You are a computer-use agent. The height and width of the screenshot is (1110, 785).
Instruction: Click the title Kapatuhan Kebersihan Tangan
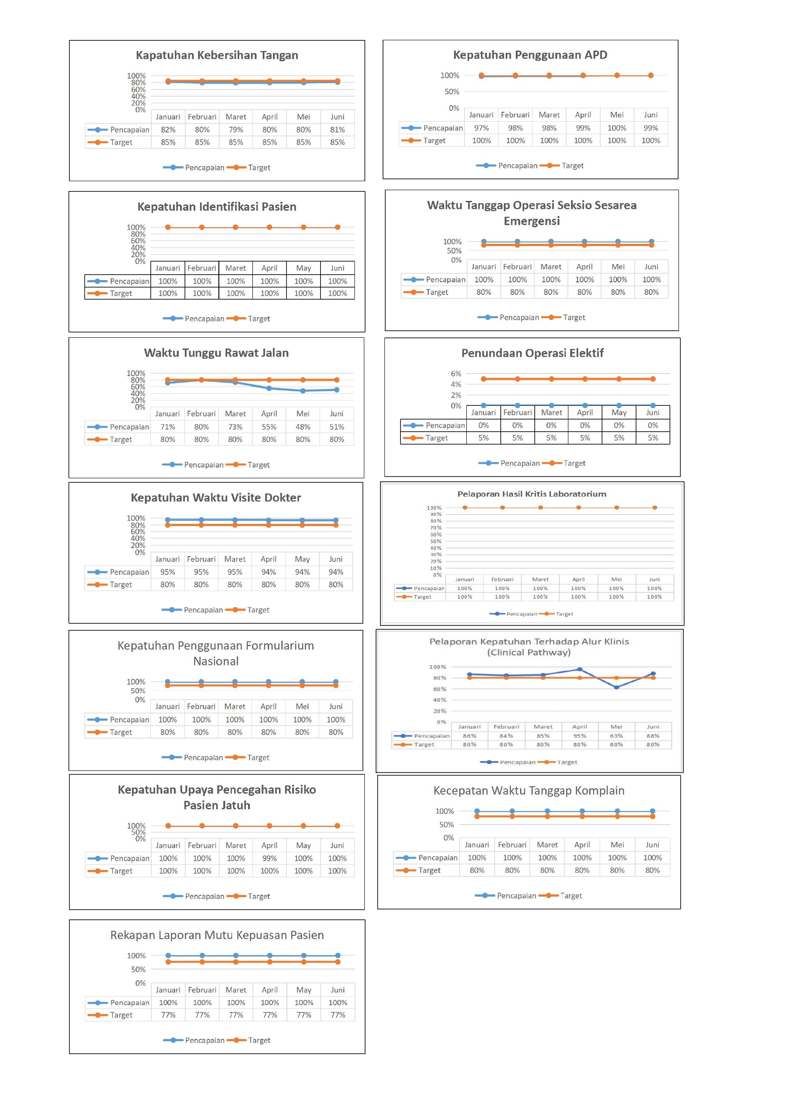click(x=217, y=55)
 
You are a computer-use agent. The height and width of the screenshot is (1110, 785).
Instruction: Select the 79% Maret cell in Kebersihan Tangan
click(x=235, y=130)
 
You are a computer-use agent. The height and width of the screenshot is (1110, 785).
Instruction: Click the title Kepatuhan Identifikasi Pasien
click(x=217, y=206)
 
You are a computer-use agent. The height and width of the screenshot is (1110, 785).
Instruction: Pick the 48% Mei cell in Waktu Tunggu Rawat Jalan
click(x=303, y=427)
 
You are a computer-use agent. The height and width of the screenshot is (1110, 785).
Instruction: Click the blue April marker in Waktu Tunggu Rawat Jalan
click(x=269, y=388)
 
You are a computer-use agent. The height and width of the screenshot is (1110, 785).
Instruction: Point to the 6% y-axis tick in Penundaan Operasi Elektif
click(x=456, y=374)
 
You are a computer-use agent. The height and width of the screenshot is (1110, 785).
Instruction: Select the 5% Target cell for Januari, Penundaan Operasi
click(x=483, y=438)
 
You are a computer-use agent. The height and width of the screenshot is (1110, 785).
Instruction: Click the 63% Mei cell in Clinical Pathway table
click(x=616, y=736)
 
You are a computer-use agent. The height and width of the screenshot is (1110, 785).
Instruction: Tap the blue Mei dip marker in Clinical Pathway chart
click(x=616, y=687)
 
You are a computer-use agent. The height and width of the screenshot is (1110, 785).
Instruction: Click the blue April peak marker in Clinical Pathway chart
click(x=580, y=670)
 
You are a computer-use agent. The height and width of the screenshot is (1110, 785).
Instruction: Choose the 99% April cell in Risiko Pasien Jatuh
click(x=269, y=858)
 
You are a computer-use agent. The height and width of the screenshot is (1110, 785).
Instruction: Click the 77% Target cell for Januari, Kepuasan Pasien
click(x=168, y=1015)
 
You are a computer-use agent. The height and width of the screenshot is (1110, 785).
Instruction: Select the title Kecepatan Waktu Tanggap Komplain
click(x=529, y=791)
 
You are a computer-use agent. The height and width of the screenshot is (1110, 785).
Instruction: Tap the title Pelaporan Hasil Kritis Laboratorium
click(x=532, y=493)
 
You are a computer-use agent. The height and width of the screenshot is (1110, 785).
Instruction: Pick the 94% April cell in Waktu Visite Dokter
click(x=269, y=572)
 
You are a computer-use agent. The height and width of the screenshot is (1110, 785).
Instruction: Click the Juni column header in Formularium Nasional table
click(x=336, y=706)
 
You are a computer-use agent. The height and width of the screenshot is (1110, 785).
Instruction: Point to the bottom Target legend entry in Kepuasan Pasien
click(x=259, y=1040)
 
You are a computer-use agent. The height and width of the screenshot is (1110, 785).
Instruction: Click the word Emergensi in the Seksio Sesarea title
click(x=532, y=221)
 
